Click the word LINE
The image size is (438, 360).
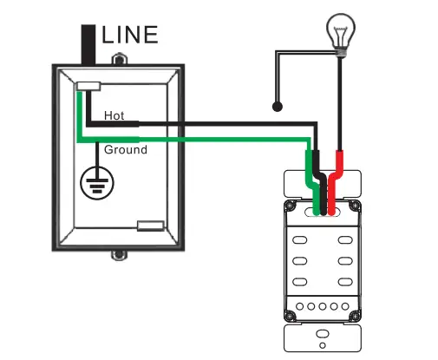tap(130, 35)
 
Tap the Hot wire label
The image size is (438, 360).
tap(114, 115)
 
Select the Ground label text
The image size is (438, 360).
tap(125, 149)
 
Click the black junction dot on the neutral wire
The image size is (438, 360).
tap(277, 108)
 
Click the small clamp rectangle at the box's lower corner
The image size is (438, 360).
tap(150, 226)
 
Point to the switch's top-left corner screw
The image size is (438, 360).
tap(292, 206)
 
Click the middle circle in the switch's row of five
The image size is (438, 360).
tap(322, 307)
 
